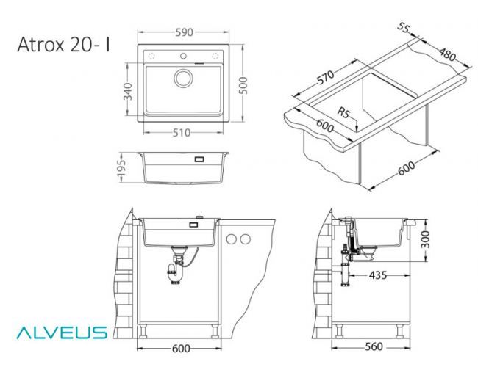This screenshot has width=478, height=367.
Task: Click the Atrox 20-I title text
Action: click(63, 45)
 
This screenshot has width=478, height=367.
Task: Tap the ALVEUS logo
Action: click(62, 333)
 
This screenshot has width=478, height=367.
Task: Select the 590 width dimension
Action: click(184, 32)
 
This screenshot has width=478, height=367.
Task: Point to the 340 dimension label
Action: click(127, 91)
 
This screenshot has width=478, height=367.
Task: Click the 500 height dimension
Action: click(243, 85)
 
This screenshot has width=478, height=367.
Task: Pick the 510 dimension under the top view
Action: click(182, 133)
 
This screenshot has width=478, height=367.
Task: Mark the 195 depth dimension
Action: click(121, 167)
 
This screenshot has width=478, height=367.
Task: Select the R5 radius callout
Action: click(343, 112)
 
